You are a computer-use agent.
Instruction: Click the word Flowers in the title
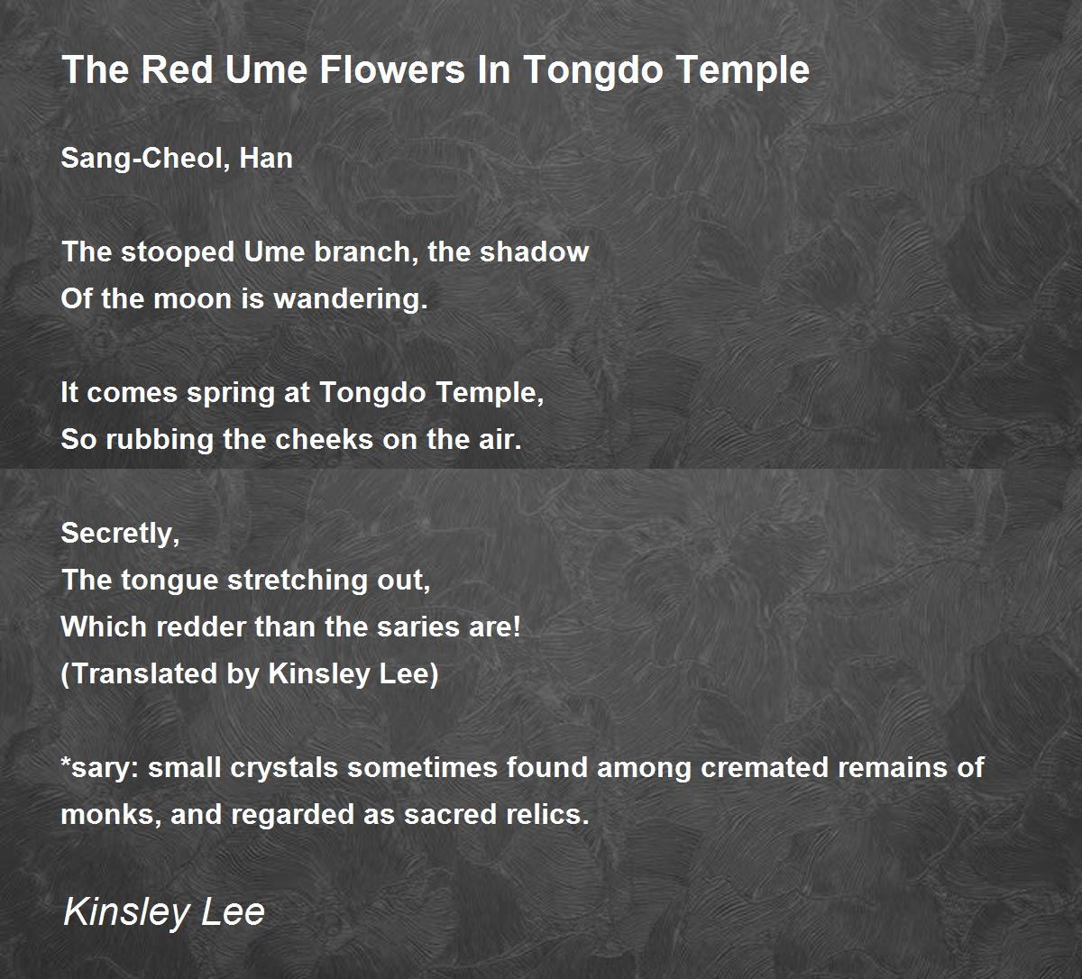(x=392, y=69)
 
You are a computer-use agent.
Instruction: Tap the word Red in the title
(x=178, y=69)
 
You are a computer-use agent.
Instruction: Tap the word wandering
(x=351, y=299)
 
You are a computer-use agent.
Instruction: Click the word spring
(x=230, y=393)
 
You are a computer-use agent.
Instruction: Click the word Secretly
(x=120, y=534)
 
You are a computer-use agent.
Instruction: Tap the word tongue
(x=169, y=581)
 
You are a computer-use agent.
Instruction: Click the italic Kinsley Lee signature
(x=164, y=912)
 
